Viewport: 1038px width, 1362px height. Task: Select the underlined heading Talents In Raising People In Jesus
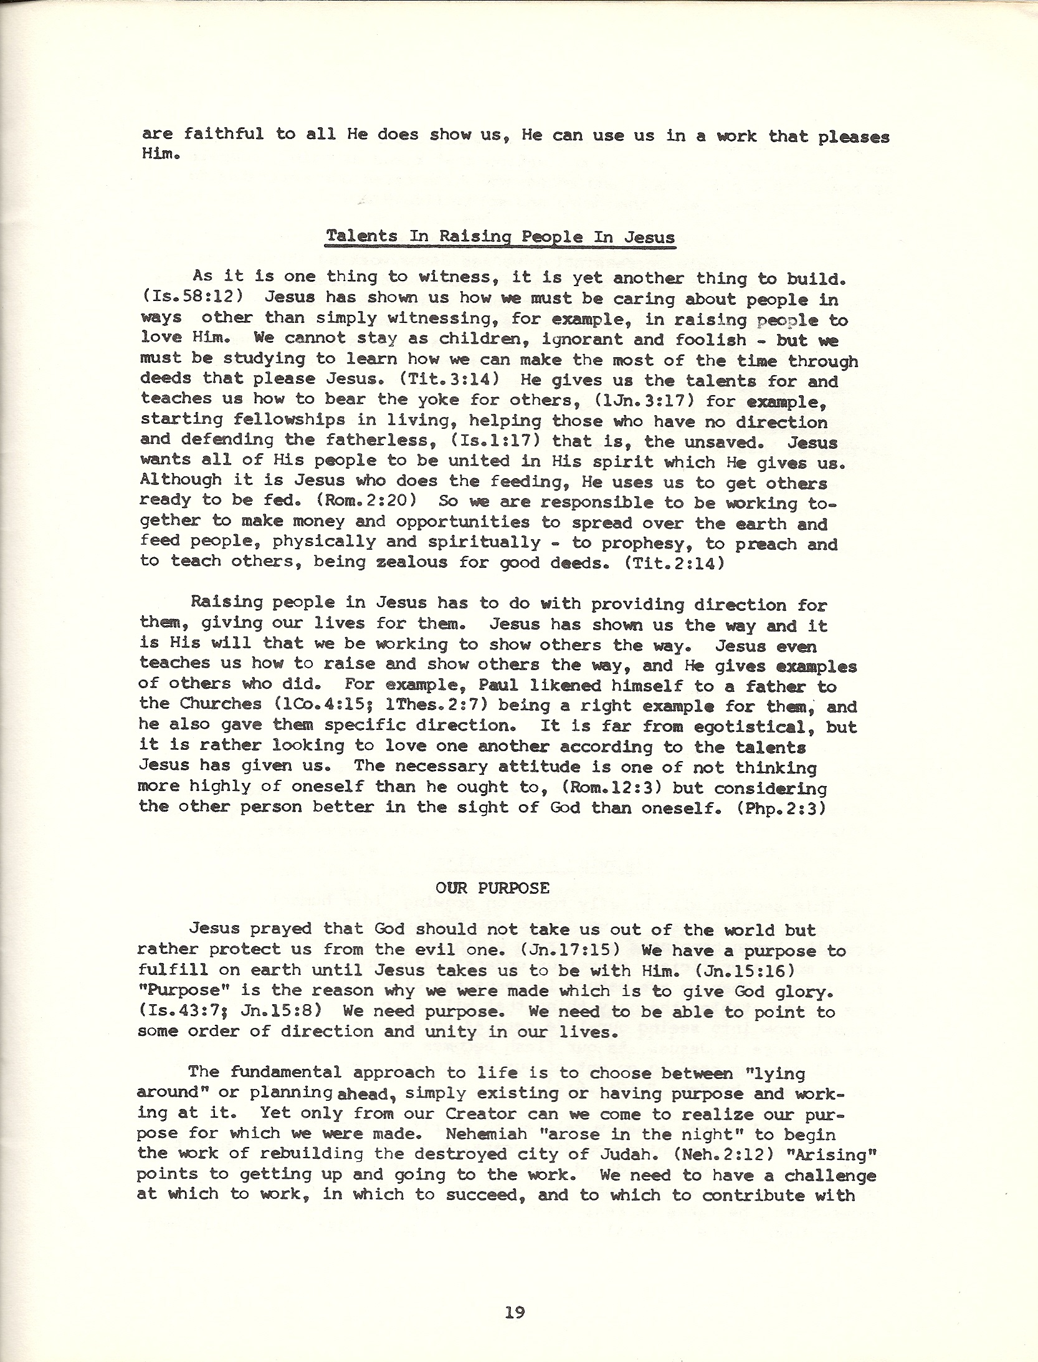(x=500, y=237)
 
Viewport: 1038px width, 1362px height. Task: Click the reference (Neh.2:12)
(x=724, y=1154)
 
